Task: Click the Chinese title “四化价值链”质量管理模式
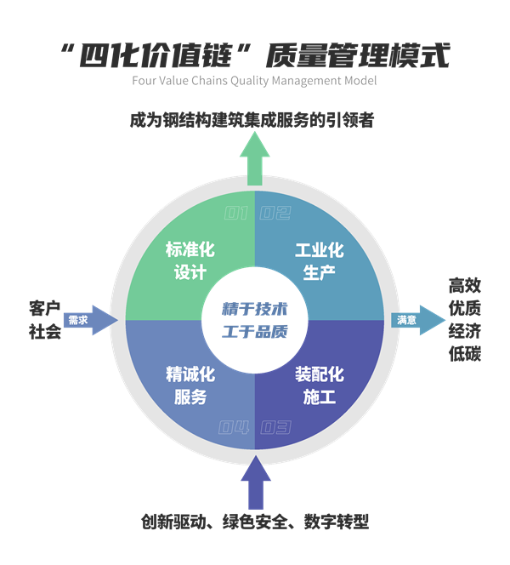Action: [x=255, y=56]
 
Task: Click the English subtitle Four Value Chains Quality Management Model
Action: [x=255, y=82]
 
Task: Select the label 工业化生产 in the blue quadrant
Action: [x=319, y=261]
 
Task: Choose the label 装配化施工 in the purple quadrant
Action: [x=319, y=385]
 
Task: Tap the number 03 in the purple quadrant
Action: [x=274, y=428]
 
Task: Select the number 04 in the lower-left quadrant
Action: [x=234, y=428]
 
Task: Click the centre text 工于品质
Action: [x=255, y=332]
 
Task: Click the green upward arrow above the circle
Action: [x=254, y=158]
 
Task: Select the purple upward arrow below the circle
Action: [x=254, y=483]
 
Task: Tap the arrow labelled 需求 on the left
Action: [x=89, y=320]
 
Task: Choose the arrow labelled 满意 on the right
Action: [x=418, y=320]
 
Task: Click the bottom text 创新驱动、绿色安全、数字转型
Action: [x=254, y=522]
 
